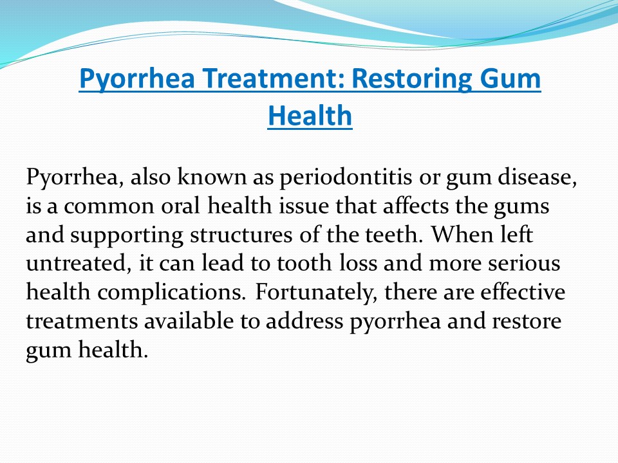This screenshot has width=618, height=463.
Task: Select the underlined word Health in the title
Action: click(310, 116)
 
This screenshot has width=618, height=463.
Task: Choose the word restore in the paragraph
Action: click(524, 322)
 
